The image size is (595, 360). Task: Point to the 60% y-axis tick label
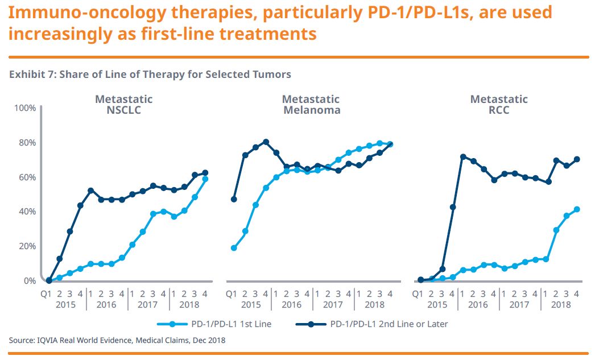28,177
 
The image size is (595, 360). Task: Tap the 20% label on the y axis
28,246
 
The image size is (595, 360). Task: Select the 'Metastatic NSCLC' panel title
123,105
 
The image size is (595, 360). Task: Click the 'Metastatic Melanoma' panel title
311,105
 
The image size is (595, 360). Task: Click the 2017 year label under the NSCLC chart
147,304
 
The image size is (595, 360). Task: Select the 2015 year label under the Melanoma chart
251,304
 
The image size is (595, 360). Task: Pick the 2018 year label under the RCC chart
561,304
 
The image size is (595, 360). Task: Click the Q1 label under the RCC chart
418,293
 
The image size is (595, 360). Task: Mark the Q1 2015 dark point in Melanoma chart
234,199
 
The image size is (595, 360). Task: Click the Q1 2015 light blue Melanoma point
234,248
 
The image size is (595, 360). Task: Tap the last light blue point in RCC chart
577,209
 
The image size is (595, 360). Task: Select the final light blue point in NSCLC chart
205,179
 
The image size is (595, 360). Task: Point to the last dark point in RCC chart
577,159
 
